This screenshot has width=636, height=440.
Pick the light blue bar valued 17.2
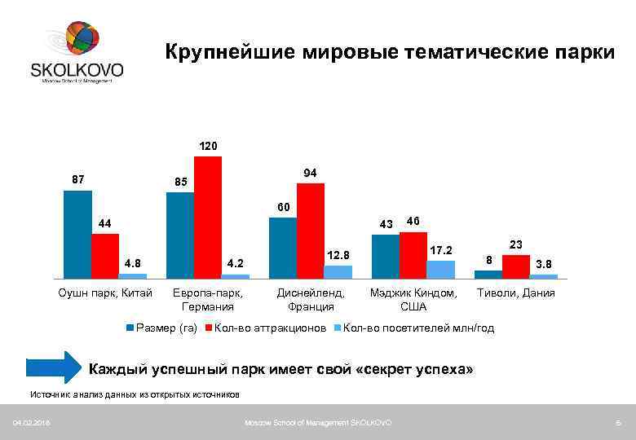440,270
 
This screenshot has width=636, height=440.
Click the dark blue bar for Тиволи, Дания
488,275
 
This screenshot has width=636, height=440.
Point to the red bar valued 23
515,266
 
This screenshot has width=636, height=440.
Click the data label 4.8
132,263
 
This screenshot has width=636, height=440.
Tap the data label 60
283,207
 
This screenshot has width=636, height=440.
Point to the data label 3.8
544,264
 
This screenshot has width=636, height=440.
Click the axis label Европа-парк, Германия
208,300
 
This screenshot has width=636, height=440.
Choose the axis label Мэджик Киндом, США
413,300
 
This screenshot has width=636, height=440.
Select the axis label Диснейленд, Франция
311,300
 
